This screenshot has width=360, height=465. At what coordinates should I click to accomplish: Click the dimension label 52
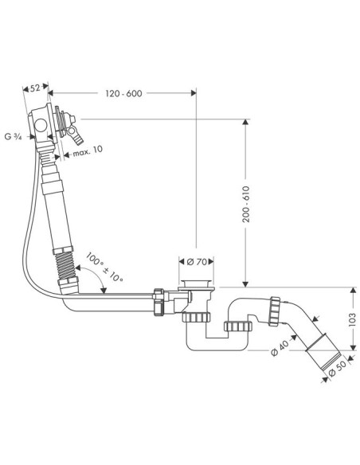click(35, 88)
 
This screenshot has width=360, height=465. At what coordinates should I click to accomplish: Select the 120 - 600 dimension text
click(123, 93)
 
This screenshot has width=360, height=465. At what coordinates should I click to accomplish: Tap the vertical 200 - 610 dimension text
click(246, 204)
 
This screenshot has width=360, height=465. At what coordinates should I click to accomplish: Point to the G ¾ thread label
click(14, 137)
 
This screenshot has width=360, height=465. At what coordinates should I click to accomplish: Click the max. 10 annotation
click(88, 151)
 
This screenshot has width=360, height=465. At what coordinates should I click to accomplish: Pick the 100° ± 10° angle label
click(104, 268)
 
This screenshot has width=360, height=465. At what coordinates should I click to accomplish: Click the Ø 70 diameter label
click(197, 262)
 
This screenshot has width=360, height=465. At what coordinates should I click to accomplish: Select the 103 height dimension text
click(352, 319)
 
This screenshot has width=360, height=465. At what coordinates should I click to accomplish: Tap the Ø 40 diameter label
click(279, 348)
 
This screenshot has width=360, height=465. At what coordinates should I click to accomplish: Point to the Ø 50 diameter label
click(337, 369)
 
